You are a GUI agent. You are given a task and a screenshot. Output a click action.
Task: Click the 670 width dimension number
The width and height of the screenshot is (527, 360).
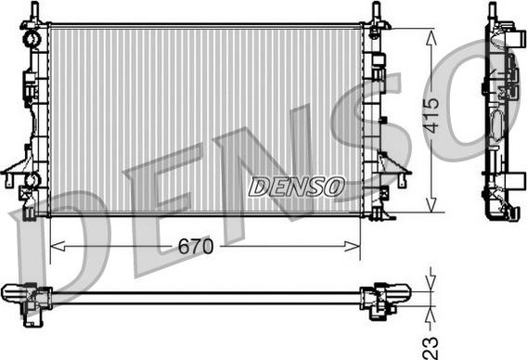pyautogui.click(x=196, y=247)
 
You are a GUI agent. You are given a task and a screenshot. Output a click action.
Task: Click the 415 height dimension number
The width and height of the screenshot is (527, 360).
pyautogui.click(x=431, y=115)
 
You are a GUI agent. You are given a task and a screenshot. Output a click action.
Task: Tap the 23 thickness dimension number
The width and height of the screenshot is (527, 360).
pyautogui.click(x=431, y=348)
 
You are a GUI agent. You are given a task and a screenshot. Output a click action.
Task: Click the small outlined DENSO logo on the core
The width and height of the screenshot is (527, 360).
pyautogui.click(x=297, y=186)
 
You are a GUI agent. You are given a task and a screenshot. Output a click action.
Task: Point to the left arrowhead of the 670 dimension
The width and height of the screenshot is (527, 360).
pyautogui.click(x=58, y=246)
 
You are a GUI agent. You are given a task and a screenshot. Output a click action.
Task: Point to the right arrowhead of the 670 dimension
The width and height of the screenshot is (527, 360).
pyautogui.click(x=353, y=246)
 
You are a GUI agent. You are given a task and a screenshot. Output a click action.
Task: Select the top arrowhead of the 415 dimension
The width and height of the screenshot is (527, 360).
pyautogui.click(x=431, y=37)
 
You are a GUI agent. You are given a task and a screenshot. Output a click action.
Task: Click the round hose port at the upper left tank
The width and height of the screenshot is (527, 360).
pyautogui.click(x=32, y=38)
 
